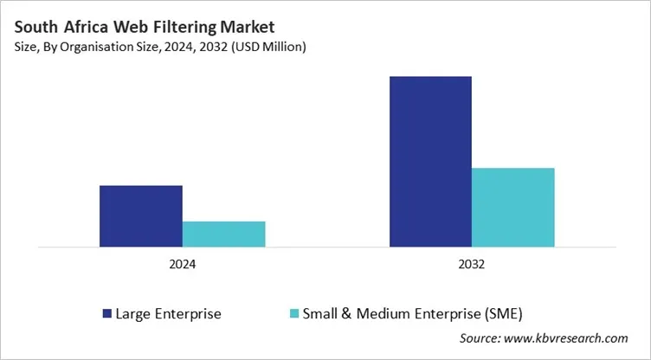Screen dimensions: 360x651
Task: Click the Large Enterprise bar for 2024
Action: click(140, 216)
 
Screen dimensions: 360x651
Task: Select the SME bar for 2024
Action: click(223, 234)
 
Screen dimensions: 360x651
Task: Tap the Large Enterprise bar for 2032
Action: click(430, 162)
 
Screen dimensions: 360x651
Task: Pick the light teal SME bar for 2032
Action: click(512, 208)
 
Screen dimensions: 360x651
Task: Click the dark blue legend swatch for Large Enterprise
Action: click(106, 313)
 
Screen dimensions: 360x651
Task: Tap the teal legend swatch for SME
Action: click(293, 313)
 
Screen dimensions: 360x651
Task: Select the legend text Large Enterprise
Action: click(168, 313)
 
